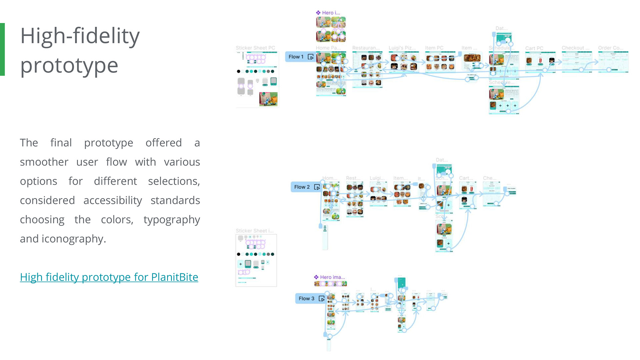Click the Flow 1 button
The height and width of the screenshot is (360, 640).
pos(300,57)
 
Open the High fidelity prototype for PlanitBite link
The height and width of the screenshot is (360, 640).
pos(109,277)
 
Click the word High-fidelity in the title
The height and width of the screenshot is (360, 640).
pos(80,36)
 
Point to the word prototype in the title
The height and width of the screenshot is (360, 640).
pos(69,65)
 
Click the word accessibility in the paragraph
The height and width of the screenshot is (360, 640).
pos(113,200)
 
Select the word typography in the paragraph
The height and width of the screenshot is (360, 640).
pos(172,220)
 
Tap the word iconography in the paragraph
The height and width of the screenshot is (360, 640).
pos(73,239)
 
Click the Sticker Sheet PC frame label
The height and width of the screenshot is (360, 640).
pos(255,48)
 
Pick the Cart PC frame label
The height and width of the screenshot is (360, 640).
pos(534,48)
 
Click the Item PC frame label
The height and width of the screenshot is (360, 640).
pos(434,48)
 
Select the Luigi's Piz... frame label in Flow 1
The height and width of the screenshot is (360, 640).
pos(402,48)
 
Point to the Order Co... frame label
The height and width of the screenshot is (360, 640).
pos(611,48)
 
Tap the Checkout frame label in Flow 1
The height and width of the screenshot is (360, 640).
pos(575,48)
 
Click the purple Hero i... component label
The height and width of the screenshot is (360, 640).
pos(328,13)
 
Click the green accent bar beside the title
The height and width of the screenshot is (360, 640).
pos(2,49)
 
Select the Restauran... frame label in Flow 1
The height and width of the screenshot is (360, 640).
pos(366,48)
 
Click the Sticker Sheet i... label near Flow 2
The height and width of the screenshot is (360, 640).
pos(255,231)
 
